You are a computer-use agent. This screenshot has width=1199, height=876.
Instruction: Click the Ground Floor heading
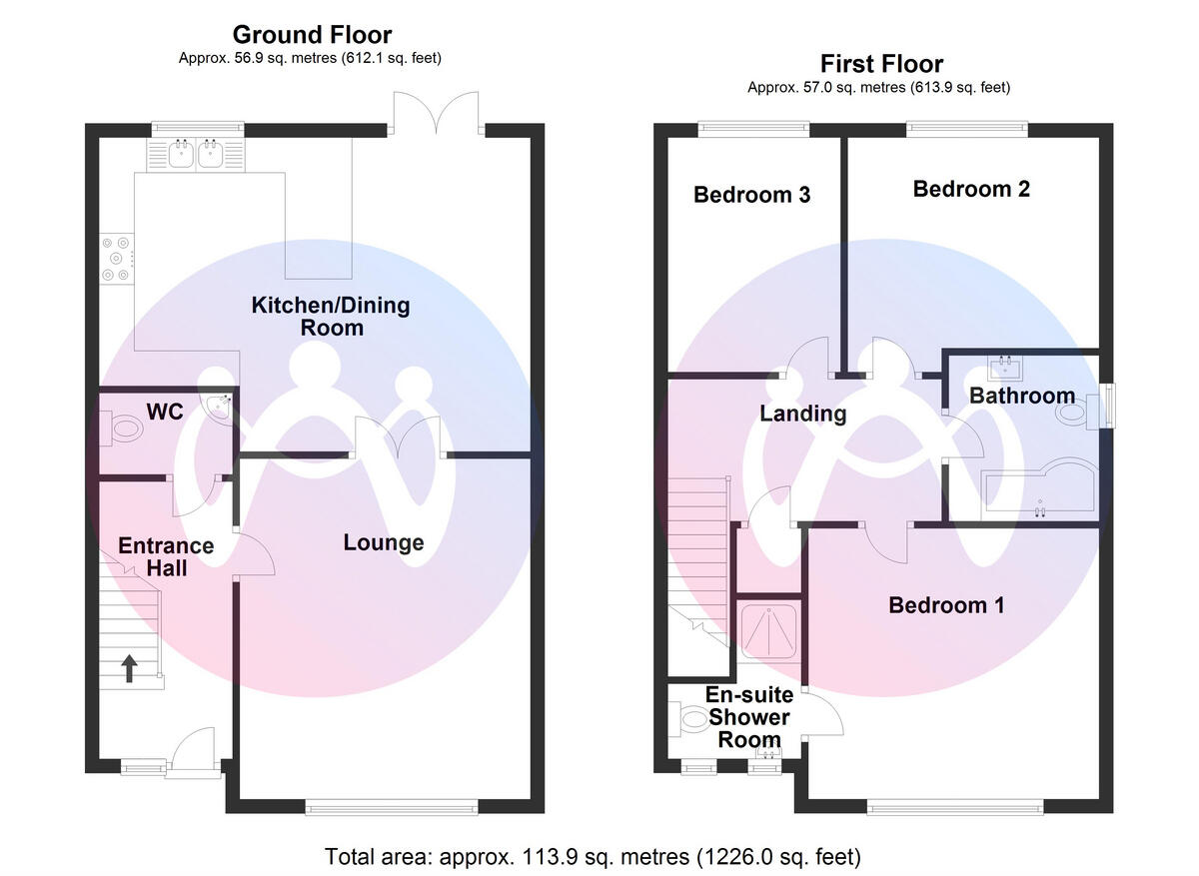(x=312, y=36)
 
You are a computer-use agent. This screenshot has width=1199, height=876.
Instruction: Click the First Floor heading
(x=880, y=65)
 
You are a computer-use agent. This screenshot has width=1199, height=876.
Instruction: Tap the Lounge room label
(x=384, y=543)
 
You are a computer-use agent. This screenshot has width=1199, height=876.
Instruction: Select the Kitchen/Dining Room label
(x=330, y=316)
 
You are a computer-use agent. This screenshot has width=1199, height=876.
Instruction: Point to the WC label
(x=165, y=412)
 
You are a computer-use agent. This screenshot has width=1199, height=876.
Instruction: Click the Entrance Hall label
(x=166, y=556)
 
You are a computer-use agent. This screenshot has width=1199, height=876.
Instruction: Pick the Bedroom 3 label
(x=751, y=195)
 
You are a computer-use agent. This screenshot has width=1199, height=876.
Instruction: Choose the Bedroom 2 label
(x=971, y=189)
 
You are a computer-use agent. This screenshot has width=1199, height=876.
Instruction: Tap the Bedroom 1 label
(x=946, y=605)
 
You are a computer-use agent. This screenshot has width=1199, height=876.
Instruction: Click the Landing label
(x=803, y=414)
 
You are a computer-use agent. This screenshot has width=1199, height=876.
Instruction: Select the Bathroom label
(x=1022, y=397)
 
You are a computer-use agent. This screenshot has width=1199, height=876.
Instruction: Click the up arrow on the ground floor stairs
(x=130, y=667)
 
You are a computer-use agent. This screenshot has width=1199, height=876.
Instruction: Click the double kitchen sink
(x=196, y=155)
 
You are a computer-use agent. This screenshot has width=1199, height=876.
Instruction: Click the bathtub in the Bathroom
(x=1039, y=491)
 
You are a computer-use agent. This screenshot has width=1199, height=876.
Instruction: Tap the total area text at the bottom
(x=593, y=857)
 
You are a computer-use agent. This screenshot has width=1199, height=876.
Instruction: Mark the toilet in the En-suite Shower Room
(x=690, y=718)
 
